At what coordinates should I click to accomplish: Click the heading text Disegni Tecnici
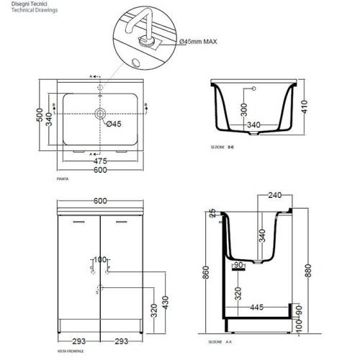22,5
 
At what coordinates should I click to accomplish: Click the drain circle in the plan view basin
100,114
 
